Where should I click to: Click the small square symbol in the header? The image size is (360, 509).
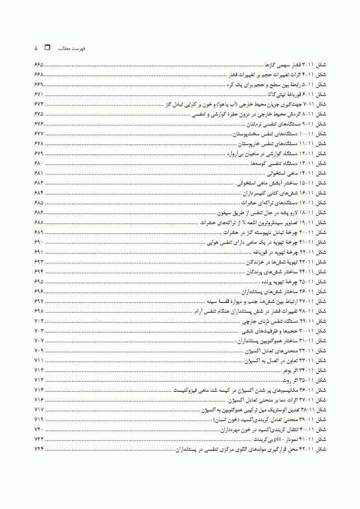click(46, 49)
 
